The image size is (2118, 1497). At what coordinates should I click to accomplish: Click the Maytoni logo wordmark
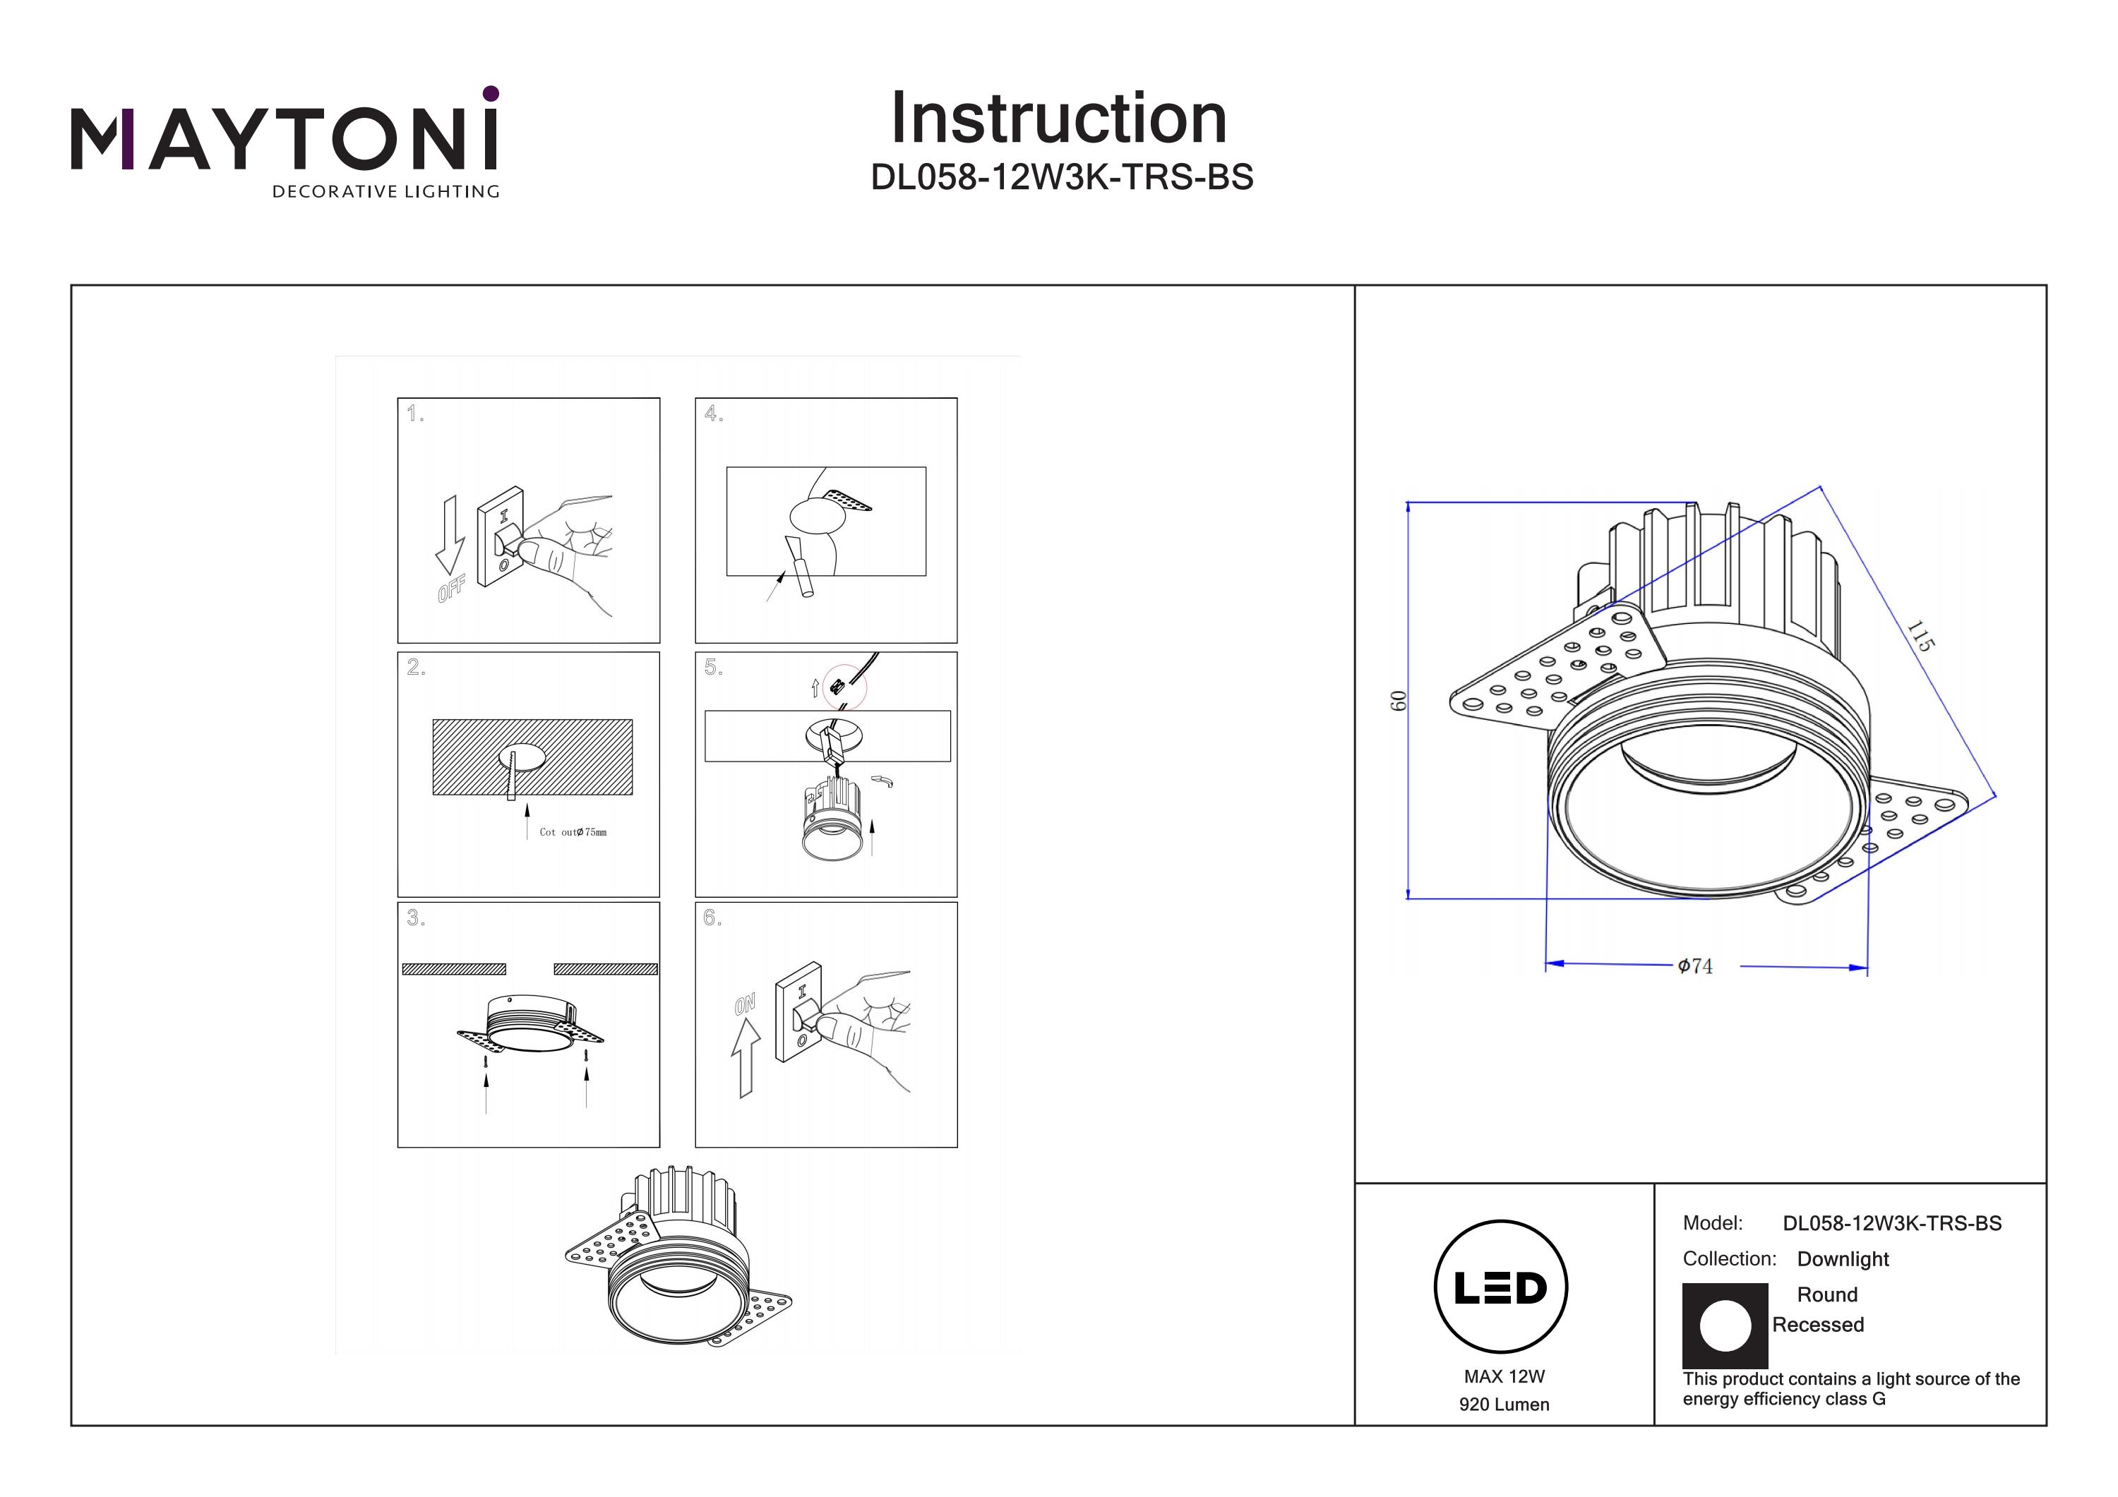pyautogui.click(x=284, y=138)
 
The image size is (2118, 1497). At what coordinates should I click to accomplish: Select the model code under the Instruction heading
pyautogui.click(x=1062, y=177)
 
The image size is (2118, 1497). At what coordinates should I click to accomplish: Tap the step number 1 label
pyautogui.click(x=415, y=414)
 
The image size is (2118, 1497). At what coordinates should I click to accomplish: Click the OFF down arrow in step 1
pyautogui.click(x=450, y=535)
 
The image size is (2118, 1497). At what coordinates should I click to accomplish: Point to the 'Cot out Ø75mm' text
pyautogui.click(x=573, y=832)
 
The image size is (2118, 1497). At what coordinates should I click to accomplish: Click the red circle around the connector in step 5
pyautogui.click(x=844, y=687)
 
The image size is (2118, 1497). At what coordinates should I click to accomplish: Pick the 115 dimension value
pyautogui.click(x=1920, y=637)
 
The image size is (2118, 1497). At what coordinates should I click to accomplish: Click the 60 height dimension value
pyautogui.click(x=1399, y=701)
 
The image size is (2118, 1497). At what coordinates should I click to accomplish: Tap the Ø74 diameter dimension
pyautogui.click(x=1694, y=966)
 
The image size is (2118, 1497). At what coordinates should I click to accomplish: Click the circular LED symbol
pyautogui.click(x=1501, y=1287)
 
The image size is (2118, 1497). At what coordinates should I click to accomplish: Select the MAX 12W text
pyautogui.click(x=1504, y=1376)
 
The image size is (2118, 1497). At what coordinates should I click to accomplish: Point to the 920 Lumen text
pyautogui.click(x=1504, y=1405)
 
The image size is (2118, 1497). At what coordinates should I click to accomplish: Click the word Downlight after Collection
pyautogui.click(x=1842, y=1259)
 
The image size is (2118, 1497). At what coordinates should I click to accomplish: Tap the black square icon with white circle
pyautogui.click(x=1725, y=1325)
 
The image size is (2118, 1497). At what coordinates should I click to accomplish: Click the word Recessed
pyautogui.click(x=1817, y=1325)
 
